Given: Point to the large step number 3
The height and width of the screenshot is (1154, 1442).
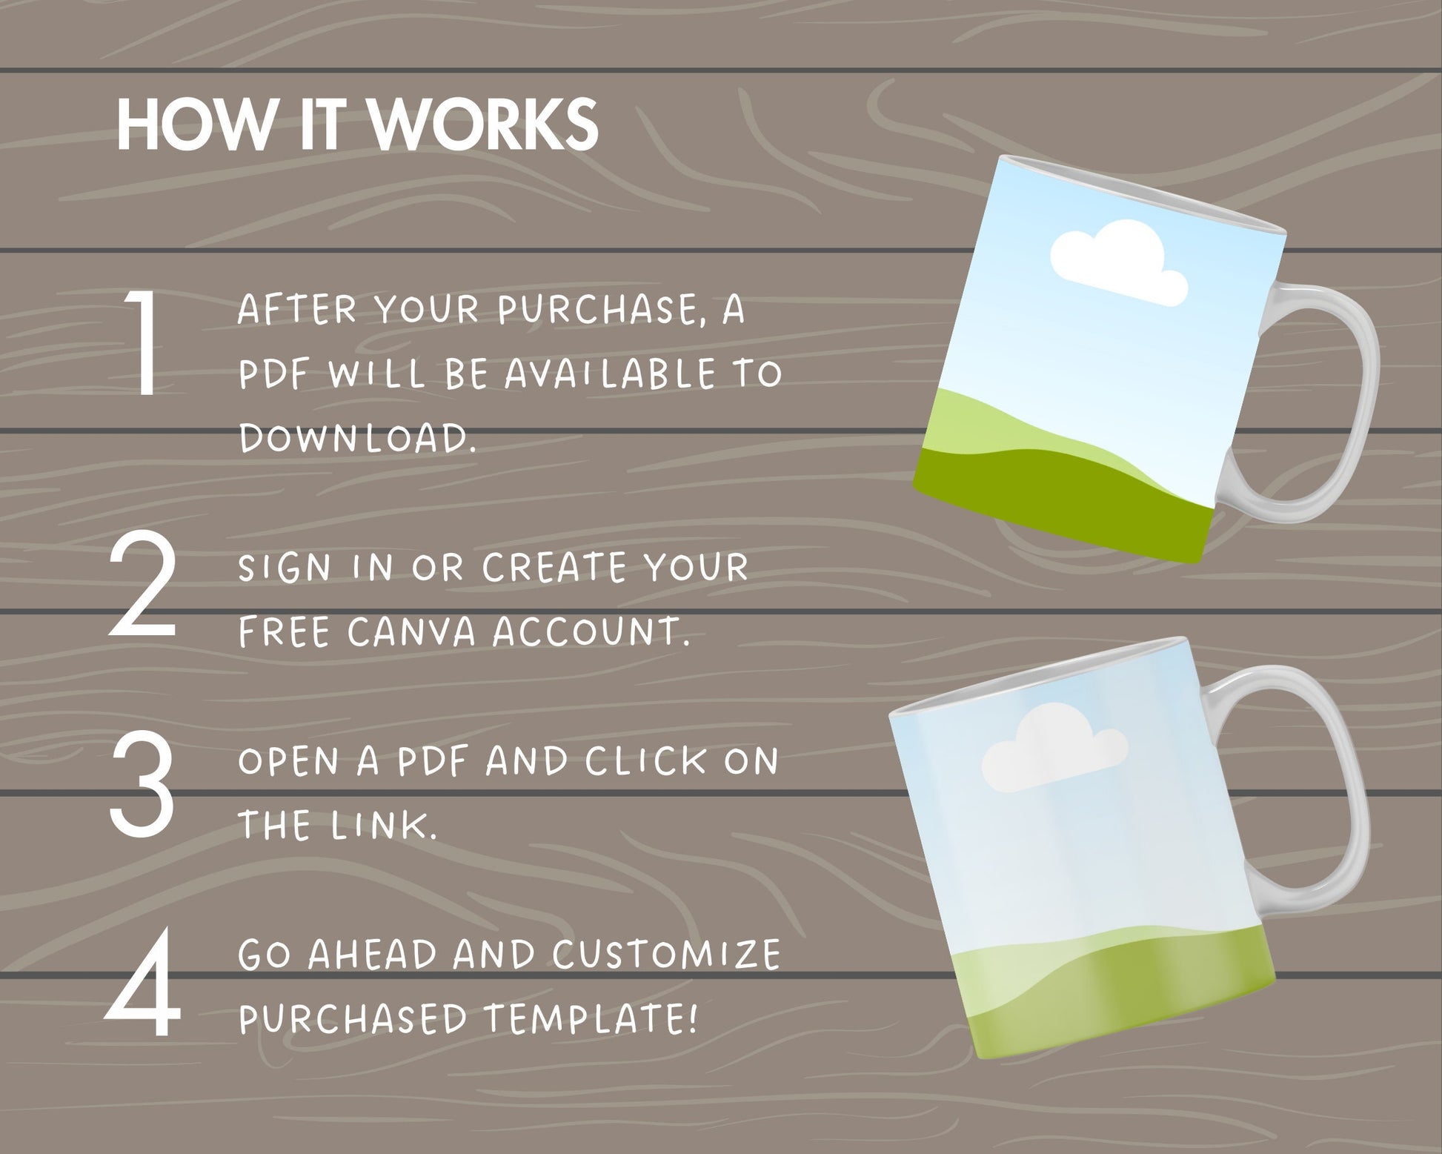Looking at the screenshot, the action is (142, 783).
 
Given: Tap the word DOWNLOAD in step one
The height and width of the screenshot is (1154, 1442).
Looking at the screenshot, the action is (355, 438).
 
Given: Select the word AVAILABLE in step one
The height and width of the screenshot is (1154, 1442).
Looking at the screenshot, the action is (610, 374).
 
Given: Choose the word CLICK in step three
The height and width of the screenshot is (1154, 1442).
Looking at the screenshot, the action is (645, 761).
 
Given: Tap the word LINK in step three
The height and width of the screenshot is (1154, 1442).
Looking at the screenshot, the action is (381, 825).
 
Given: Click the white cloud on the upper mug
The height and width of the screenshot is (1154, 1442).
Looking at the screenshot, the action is (1119, 265).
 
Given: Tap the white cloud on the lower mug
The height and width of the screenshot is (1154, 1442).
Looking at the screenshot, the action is (1053, 746).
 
